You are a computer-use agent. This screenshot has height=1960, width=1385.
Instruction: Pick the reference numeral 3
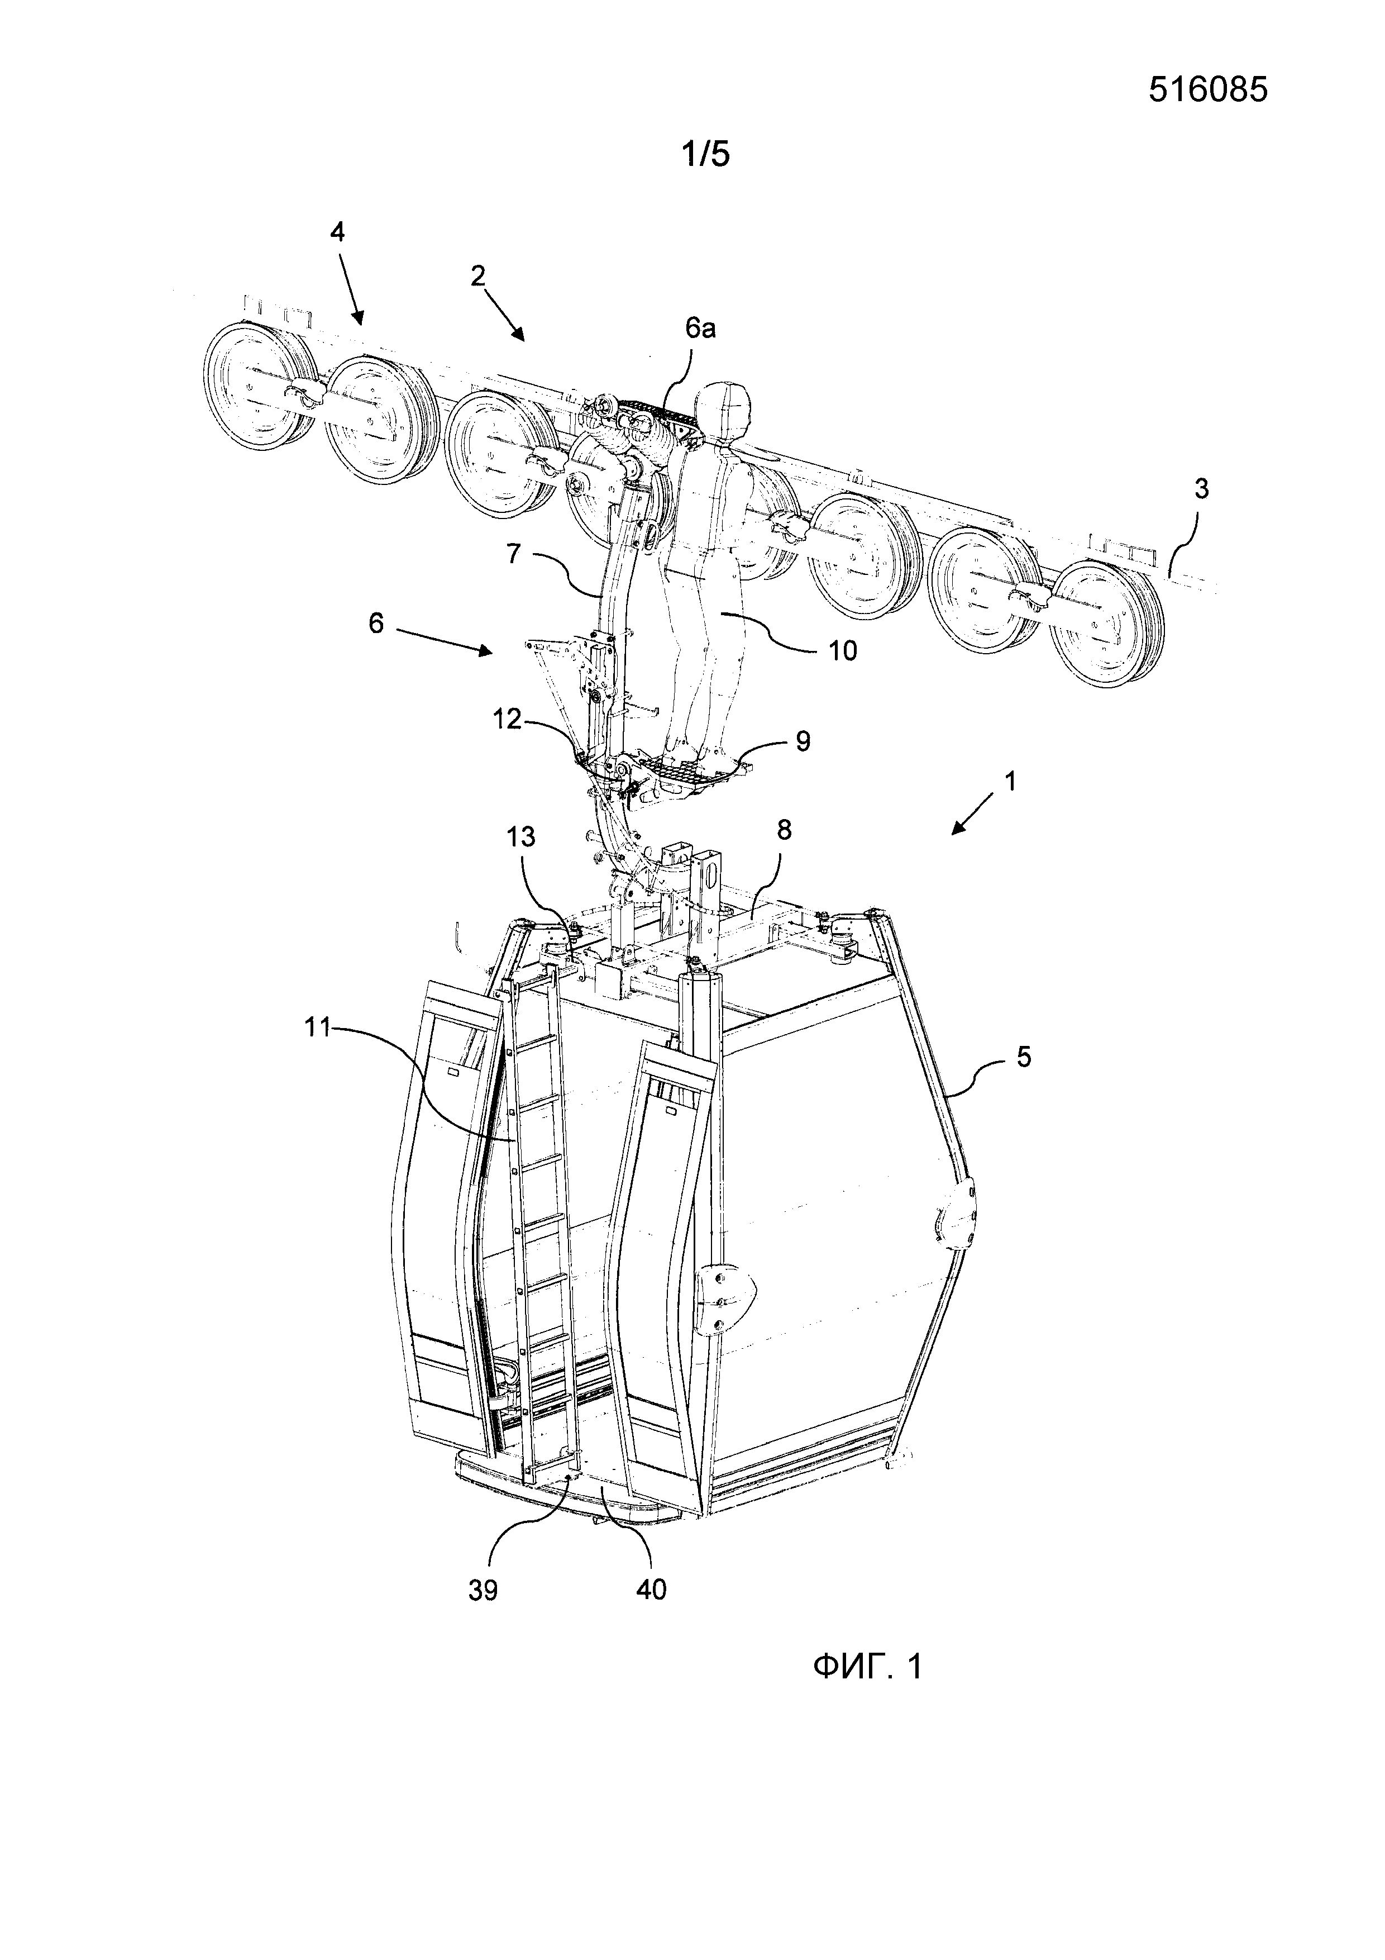click(1201, 489)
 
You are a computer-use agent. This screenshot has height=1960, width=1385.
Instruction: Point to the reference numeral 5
click(1024, 1057)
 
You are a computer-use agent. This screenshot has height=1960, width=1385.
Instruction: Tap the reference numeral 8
click(784, 829)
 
